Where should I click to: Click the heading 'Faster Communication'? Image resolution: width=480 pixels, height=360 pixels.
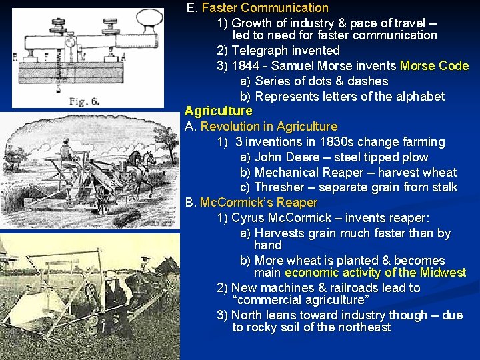click(265, 8)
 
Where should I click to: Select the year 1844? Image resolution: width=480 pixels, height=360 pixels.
click(247, 66)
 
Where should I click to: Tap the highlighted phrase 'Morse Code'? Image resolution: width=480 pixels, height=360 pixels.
click(434, 66)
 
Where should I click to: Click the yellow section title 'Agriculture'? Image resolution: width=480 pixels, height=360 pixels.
click(218, 111)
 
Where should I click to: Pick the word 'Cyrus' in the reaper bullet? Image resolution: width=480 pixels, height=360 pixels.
click(248, 218)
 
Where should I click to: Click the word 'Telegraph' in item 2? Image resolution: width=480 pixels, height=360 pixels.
click(259, 51)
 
